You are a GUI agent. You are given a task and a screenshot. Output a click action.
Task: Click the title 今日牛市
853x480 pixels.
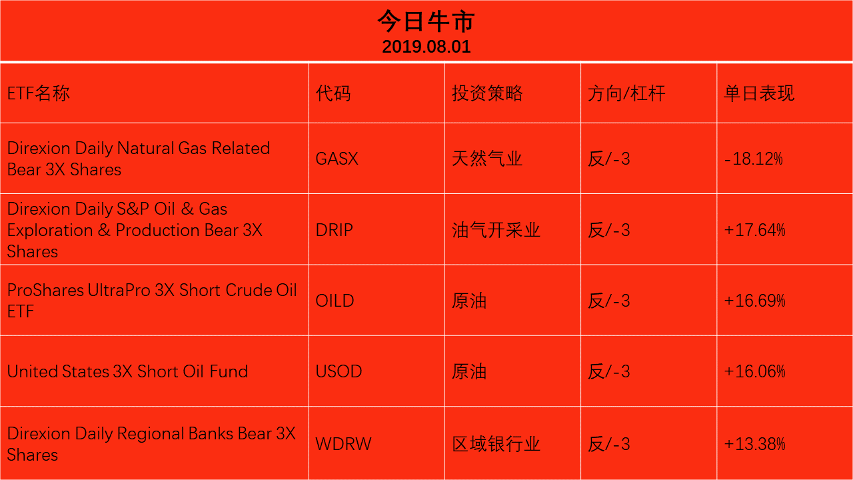pyautogui.click(x=426, y=21)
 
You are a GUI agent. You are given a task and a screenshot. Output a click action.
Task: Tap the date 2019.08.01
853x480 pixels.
pyautogui.click(x=426, y=47)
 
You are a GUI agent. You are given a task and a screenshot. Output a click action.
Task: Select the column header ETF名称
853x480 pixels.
pyautogui.click(x=39, y=93)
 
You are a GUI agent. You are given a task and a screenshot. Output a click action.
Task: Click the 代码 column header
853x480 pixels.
pyautogui.click(x=333, y=93)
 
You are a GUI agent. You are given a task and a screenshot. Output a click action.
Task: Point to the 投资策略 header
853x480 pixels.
pyautogui.click(x=487, y=93)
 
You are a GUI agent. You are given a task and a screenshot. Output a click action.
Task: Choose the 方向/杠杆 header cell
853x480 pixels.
pyautogui.click(x=626, y=93)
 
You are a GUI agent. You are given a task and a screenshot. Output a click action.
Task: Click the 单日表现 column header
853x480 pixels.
pyautogui.click(x=759, y=93)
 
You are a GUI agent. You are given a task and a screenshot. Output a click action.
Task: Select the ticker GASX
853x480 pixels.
pyautogui.click(x=337, y=159)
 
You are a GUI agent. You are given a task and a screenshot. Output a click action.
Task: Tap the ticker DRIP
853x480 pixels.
pyautogui.click(x=335, y=230)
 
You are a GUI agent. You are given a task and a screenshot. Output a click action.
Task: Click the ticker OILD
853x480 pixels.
pyautogui.click(x=335, y=301)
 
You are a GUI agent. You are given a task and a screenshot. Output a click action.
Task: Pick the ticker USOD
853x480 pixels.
pyautogui.click(x=339, y=371)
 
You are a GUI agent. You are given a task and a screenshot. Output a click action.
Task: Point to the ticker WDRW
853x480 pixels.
pyautogui.click(x=343, y=444)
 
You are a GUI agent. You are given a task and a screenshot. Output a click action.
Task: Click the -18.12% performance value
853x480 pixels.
pyautogui.click(x=754, y=159)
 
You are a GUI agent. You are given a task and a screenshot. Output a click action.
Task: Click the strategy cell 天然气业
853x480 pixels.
pyautogui.click(x=487, y=159)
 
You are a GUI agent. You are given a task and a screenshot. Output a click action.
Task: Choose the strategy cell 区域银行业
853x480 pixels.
pyautogui.click(x=496, y=444)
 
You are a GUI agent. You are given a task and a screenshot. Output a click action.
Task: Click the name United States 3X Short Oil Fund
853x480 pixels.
pyautogui.click(x=127, y=371)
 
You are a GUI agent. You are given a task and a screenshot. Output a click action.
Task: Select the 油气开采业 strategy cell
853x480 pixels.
pyautogui.click(x=496, y=230)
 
